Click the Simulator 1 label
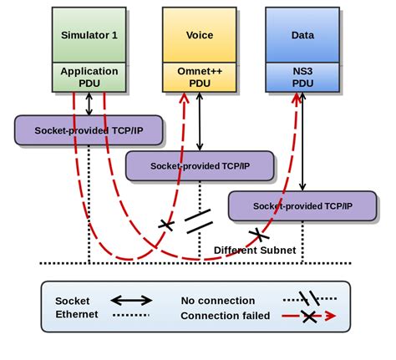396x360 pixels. pos(89,34)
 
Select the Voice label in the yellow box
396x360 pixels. pos(198,35)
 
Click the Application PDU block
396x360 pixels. pos(89,78)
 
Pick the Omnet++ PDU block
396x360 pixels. pos(198,78)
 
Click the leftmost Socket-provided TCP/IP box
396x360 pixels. pos(89,130)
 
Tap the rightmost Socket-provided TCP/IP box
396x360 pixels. pos(302,205)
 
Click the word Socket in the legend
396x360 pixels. pos(73,301)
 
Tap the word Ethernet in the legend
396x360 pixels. pos(77,315)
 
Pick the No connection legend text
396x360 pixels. pos(218,301)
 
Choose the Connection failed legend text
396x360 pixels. pos(226,316)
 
